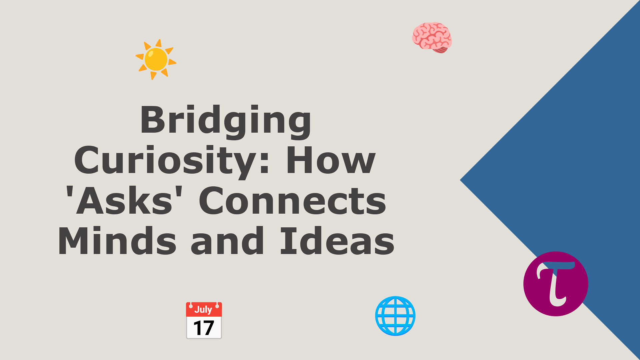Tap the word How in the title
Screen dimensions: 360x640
point(331,161)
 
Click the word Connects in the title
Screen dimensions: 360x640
point(292,201)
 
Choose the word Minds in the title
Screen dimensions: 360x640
point(117,241)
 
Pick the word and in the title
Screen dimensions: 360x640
point(228,241)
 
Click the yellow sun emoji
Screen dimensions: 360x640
point(156,59)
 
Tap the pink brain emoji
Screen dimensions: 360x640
point(432,37)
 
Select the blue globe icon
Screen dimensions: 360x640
point(395,316)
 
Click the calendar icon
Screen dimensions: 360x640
point(204,320)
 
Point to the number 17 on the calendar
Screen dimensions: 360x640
point(204,328)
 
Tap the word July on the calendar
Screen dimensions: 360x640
point(203,309)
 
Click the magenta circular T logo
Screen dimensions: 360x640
point(556,284)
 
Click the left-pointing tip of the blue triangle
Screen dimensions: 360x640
point(462,180)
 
